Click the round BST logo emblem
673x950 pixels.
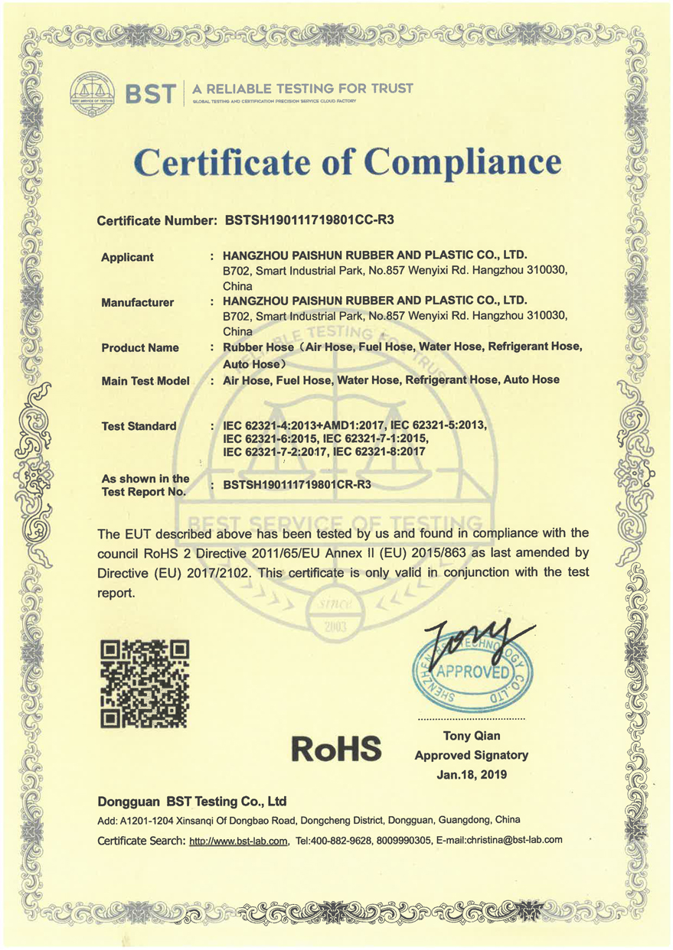point(92,94)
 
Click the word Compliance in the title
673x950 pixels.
point(462,162)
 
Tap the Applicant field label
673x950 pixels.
point(127,257)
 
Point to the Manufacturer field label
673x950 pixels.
point(137,302)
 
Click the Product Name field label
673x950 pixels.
point(140,347)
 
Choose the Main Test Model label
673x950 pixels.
point(145,380)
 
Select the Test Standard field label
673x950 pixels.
point(139,426)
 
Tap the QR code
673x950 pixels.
point(145,683)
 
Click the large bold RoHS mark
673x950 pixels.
point(337,748)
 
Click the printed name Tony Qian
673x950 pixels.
point(472,736)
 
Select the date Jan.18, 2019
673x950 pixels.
point(472,774)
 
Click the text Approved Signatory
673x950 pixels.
point(472,755)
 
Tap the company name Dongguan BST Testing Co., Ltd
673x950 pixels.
point(192,802)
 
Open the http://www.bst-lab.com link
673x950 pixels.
point(238,840)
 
